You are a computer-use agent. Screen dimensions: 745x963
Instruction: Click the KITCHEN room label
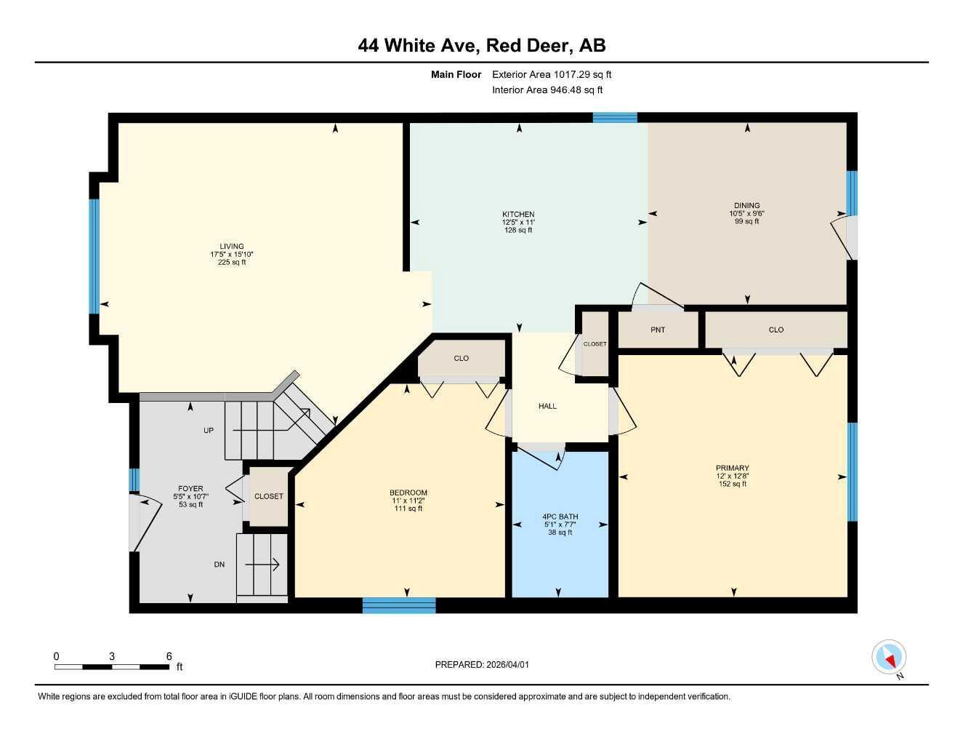[518, 215]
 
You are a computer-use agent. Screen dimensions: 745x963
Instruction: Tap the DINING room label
[746, 206]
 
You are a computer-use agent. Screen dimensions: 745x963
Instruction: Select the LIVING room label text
[232, 247]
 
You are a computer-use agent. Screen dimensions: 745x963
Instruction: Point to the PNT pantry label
[658, 330]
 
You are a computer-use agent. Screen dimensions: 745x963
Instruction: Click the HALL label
[547, 406]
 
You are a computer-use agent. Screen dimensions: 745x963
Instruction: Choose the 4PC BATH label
[560, 517]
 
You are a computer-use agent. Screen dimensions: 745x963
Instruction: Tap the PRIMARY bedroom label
[732, 469]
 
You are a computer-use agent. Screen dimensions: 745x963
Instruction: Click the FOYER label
[190, 489]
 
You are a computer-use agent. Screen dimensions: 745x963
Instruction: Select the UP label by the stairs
[209, 431]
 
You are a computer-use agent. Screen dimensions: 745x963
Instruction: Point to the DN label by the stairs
[219, 565]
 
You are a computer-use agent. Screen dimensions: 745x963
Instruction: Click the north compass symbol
[889, 658]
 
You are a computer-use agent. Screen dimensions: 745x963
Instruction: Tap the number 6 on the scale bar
[169, 656]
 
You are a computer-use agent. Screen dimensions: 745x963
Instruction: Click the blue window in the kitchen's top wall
[615, 117]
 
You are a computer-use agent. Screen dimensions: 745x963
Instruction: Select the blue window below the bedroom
[399, 605]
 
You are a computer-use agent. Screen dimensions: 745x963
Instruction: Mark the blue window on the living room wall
[94, 255]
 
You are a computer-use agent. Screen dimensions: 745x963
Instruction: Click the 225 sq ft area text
[232, 263]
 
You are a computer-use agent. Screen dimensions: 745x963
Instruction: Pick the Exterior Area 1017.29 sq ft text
[552, 74]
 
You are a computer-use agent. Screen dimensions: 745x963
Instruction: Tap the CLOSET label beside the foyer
[268, 496]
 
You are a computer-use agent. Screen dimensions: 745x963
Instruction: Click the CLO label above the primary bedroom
[776, 330]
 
